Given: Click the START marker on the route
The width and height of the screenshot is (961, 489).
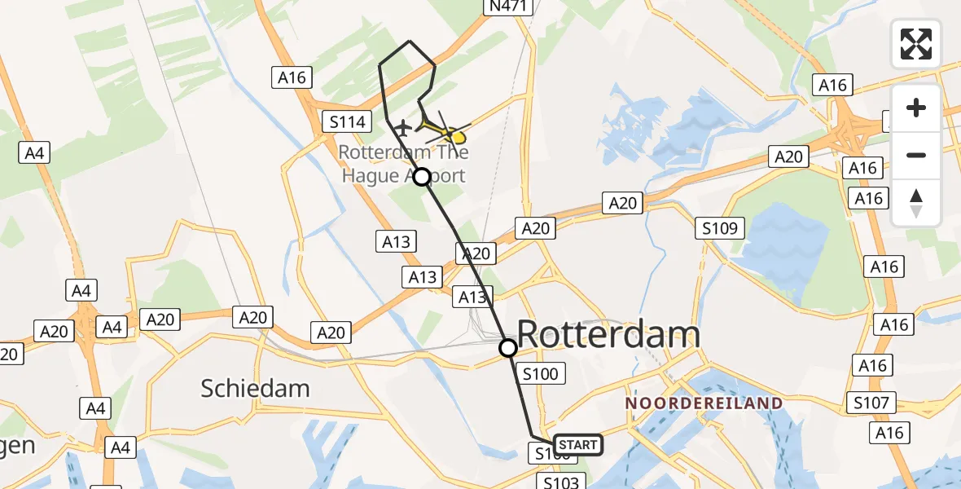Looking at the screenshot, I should click(578, 445).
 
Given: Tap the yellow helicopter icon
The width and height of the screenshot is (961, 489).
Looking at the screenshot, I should click(446, 131).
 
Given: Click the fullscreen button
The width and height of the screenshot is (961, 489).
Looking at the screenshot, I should click(916, 44).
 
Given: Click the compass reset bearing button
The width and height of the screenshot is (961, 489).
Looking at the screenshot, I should click(916, 202).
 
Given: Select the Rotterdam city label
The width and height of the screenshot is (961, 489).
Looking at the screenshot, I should click(608, 335).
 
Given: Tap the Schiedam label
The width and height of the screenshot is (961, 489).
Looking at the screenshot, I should click(255, 388).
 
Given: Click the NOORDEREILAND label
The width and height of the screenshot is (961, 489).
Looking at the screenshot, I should click(704, 403).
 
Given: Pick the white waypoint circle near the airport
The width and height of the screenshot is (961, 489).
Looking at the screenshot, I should click(422, 176).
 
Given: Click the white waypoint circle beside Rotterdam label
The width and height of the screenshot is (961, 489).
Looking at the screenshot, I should click(507, 349).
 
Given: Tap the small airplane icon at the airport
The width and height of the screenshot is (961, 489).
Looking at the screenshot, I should click(402, 127).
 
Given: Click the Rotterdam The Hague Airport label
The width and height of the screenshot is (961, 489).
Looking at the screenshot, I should click(403, 164).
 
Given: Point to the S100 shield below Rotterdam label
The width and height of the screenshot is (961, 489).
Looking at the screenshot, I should click(540, 374).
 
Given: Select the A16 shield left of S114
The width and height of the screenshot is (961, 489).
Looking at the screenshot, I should click(292, 77).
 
